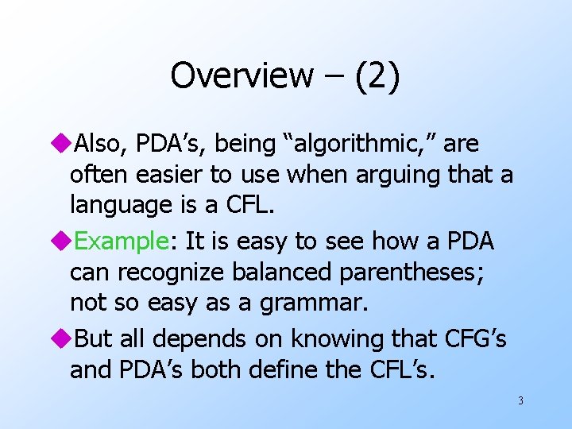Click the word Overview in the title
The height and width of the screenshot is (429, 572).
(242, 75)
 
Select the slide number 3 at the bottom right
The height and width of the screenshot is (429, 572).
(520, 400)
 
